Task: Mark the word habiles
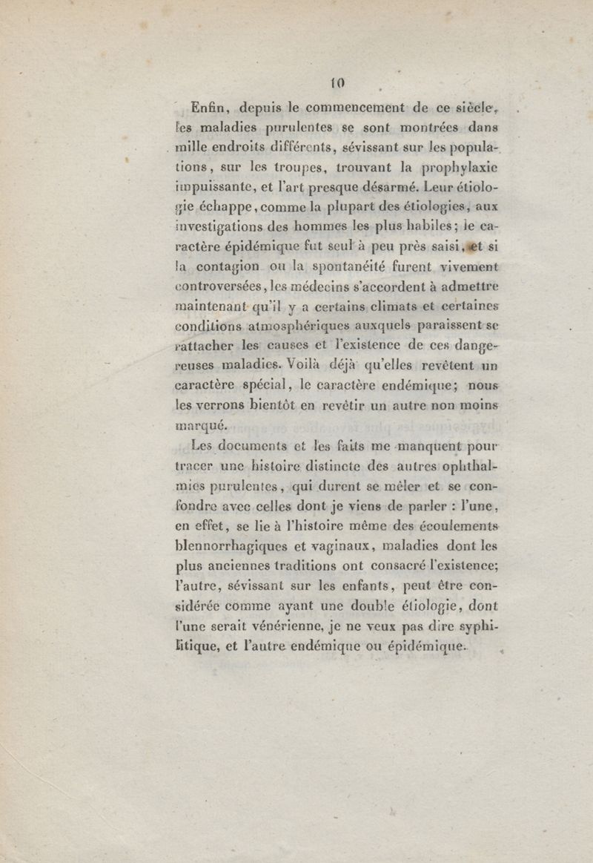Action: click(x=414, y=232)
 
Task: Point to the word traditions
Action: click(x=321, y=553)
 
